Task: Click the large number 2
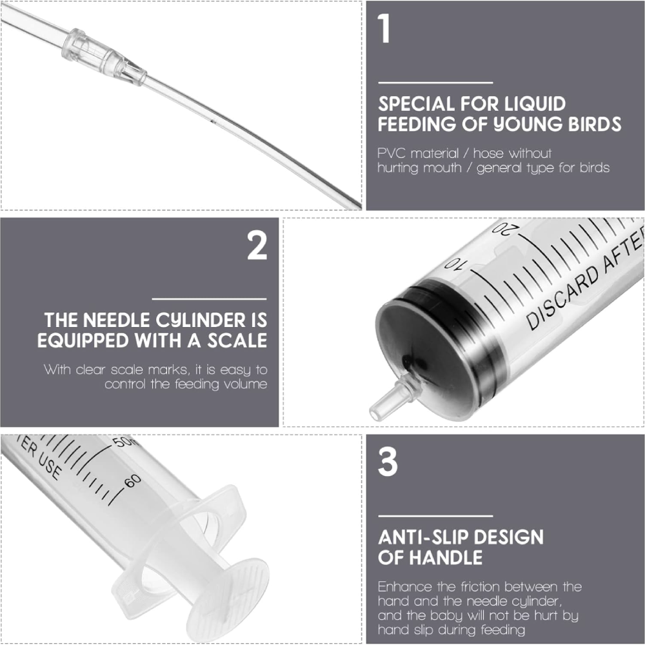pyautogui.click(x=257, y=245)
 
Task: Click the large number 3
pyautogui.click(x=388, y=462)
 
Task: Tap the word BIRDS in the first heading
pyautogui.click(x=595, y=124)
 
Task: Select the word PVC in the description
pyautogui.click(x=392, y=154)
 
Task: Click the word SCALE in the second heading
pyautogui.click(x=237, y=340)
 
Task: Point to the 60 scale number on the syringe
pyautogui.click(x=132, y=481)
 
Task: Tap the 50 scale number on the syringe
pyautogui.click(x=122, y=441)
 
